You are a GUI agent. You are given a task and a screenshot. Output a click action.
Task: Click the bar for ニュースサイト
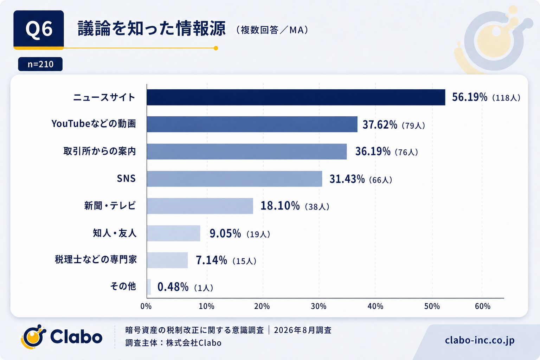pyautogui.click(x=296, y=97)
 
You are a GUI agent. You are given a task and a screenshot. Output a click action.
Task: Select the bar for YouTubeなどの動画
pyautogui.click(x=252, y=124)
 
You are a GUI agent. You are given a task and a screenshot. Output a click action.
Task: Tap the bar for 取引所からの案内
pyautogui.click(x=247, y=152)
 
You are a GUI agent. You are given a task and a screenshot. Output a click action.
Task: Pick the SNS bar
pyautogui.click(x=234, y=179)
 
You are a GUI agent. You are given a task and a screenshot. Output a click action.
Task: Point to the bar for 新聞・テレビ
pyautogui.click(x=200, y=206)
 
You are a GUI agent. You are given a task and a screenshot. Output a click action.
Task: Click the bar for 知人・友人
pyautogui.click(x=174, y=233)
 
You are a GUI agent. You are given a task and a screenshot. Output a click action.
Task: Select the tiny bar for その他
pyautogui.click(x=149, y=287)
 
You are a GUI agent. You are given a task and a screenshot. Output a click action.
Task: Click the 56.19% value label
pyautogui.click(x=470, y=97)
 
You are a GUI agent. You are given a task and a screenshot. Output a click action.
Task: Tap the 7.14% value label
pyautogui.click(x=211, y=260)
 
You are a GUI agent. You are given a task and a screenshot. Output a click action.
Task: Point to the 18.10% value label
pyautogui.click(x=280, y=206)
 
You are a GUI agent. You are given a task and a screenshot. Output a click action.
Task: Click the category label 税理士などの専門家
pyautogui.click(x=96, y=260)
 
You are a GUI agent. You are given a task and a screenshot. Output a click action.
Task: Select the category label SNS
pyautogui.click(x=126, y=179)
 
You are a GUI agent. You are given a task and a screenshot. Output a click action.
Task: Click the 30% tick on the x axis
pyautogui.click(x=319, y=306)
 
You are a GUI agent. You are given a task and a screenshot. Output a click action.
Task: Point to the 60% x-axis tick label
pyautogui.click(x=483, y=306)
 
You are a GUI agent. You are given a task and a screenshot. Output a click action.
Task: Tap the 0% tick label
pyautogui.click(x=146, y=306)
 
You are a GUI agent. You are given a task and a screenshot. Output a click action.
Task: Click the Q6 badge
pyautogui.click(x=39, y=30)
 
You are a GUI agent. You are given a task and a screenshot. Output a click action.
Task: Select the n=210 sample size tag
pyautogui.click(x=40, y=64)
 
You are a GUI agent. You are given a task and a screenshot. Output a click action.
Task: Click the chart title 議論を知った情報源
pyautogui.click(x=152, y=29)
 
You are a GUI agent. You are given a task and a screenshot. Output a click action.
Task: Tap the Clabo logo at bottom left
pyautogui.click(x=62, y=337)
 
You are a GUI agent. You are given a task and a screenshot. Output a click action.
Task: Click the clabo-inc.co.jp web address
pyautogui.click(x=480, y=340)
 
